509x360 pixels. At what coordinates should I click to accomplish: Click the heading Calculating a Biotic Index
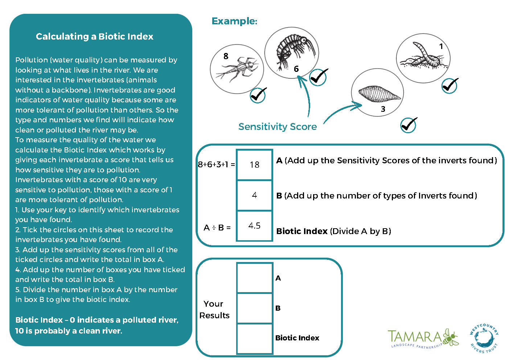(x=95, y=36)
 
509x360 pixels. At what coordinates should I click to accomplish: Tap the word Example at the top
(x=234, y=21)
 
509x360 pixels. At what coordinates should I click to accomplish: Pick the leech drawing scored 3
(x=379, y=94)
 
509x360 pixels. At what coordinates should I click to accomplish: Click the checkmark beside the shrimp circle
(x=319, y=77)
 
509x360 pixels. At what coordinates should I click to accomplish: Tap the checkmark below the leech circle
(x=409, y=125)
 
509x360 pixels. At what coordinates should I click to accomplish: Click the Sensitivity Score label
(x=278, y=127)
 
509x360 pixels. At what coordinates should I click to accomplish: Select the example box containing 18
(x=254, y=165)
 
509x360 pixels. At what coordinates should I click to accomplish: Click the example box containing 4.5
(x=254, y=226)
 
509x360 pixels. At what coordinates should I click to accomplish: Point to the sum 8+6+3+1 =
(x=216, y=164)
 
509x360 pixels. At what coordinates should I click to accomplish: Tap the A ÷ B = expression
(x=217, y=228)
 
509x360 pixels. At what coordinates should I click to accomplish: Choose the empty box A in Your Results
(x=254, y=278)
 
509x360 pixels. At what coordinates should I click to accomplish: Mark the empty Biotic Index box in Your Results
(x=254, y=338)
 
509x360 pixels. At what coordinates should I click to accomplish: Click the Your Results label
(x=214, y=310)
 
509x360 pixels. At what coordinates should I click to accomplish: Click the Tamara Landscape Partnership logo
(x=423, y=339)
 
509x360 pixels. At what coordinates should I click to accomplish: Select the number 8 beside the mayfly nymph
(x=226, y=56)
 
